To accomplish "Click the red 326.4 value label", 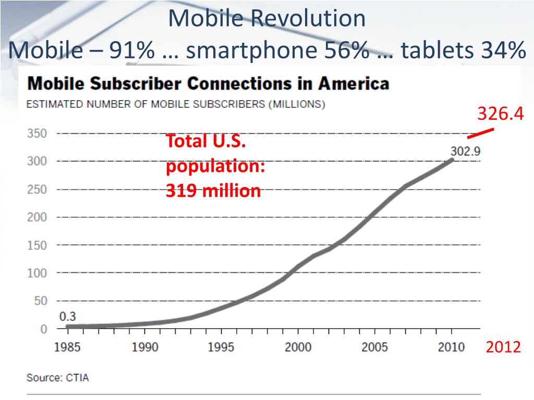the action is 500,113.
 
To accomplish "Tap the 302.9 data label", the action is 465,151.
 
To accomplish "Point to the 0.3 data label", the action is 67,316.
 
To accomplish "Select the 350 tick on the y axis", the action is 37,133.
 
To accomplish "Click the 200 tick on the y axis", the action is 37,217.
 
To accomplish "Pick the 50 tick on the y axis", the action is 41,301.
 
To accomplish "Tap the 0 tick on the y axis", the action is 44,329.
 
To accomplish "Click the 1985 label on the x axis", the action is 67,347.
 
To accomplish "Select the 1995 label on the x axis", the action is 221,347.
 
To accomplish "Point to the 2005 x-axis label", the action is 374,347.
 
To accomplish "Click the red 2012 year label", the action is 503,347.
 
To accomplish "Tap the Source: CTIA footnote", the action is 57,378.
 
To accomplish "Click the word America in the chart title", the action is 354,84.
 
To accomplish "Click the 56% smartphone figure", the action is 346,50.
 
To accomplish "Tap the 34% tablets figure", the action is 504,50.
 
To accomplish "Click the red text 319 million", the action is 213,191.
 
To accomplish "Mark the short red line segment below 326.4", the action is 480,133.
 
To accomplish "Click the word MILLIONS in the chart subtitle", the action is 297,104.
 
